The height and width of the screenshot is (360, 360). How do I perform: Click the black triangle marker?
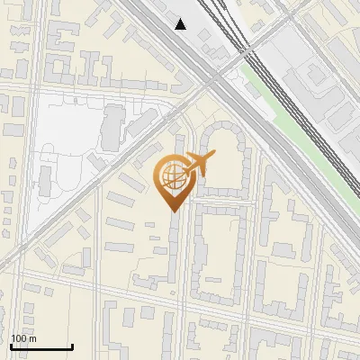[x=181, y=24]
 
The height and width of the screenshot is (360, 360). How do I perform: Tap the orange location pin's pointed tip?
[x=173, y=210]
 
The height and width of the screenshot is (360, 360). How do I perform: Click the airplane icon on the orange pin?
[x=197, y=165]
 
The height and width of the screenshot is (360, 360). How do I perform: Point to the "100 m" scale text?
[x=23, y=337]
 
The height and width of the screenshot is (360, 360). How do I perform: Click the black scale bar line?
[x=40, y=346]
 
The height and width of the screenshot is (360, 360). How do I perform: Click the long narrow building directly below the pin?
[x=175, y=252]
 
